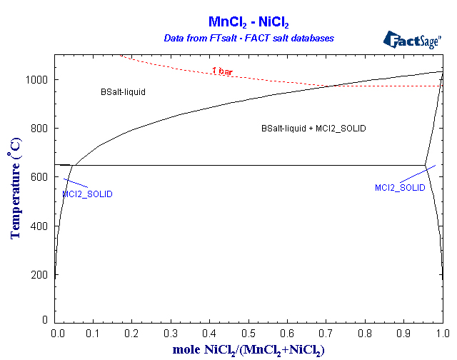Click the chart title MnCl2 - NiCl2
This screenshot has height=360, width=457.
[248, 22]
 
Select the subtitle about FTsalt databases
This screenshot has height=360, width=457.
[248, 37]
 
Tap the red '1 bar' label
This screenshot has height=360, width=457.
[222, 71]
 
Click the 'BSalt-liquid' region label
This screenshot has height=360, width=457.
[124, 92]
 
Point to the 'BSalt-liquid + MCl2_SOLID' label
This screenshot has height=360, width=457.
[313, 129]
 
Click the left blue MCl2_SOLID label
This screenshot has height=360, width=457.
[87, 194]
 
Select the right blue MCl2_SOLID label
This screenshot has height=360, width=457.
[400, 187]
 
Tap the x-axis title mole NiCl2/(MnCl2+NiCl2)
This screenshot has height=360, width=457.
[248, 349]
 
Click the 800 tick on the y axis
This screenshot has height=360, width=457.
[41, 128]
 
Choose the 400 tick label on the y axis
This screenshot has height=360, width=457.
[41, 225]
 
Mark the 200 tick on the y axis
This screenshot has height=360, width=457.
[41, 274]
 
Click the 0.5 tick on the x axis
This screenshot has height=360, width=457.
[248, 333]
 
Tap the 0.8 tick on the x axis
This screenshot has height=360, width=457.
[364, 333]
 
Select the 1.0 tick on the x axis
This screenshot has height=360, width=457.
[441, 333]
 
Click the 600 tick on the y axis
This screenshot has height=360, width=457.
[41, 176]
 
